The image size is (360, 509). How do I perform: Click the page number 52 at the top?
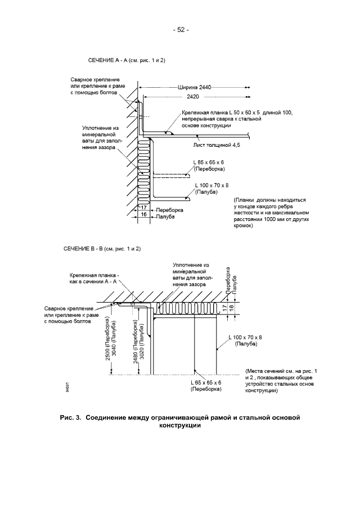tap(181, 30)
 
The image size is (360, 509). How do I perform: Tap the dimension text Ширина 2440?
tap(194, 88)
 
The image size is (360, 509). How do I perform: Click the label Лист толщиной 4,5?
tap(217, 145)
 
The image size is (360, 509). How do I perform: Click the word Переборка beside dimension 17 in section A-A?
tap(169, 209)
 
